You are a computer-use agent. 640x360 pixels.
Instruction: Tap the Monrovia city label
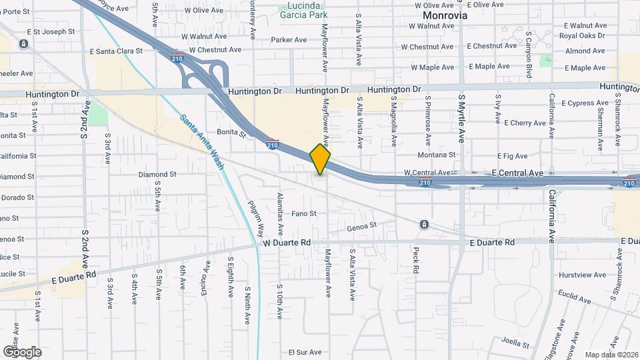coord(445,15)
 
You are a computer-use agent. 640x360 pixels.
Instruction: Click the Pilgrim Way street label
coord(256,218)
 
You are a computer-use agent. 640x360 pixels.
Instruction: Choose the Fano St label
coord(304,214)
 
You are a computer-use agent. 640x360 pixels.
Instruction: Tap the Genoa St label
coord(362,227)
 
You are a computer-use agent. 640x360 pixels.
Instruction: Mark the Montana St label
coord(436,154)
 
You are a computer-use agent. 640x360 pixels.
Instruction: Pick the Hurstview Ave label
coord(582,275)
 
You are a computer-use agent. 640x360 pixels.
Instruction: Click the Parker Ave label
coord(288,39)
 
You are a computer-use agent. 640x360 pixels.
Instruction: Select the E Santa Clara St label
coord(117,51)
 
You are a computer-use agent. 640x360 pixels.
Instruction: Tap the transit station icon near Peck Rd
coord(424,225)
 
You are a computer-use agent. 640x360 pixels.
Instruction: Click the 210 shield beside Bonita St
coord(272,143)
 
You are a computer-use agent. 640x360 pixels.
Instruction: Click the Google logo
coord(22,351)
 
